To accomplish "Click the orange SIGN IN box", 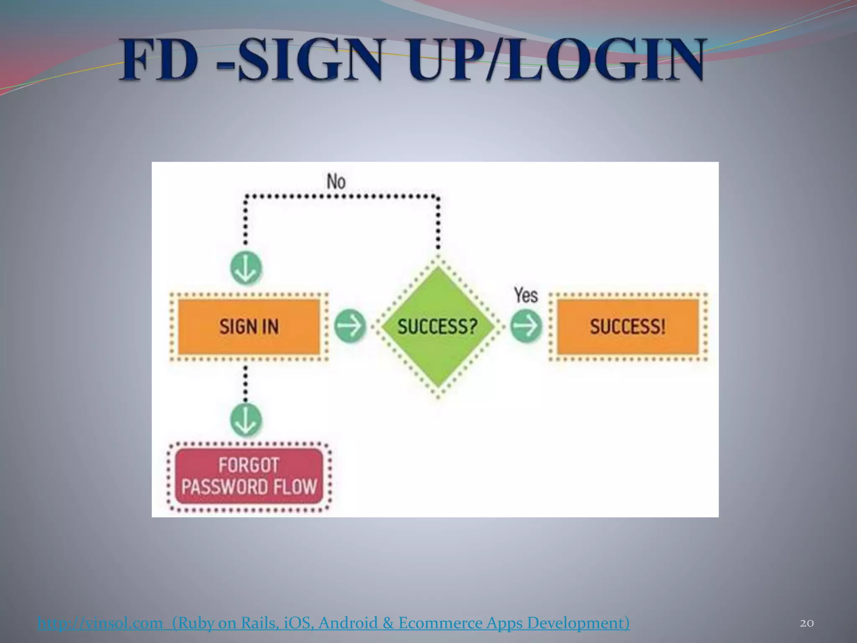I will (249, 327).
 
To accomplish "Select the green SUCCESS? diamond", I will (438, 327).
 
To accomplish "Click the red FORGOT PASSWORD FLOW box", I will (249, 476).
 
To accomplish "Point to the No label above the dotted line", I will (336, 182).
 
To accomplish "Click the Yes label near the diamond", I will (526, 295).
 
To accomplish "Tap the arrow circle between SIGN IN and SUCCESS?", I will (350, 326).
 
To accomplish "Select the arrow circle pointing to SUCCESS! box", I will (526, 326).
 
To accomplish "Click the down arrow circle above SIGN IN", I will (246, 268).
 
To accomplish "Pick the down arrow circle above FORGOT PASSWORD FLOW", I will (246, 420).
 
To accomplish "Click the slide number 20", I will (807, 623).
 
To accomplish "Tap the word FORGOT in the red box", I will (249, 465).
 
